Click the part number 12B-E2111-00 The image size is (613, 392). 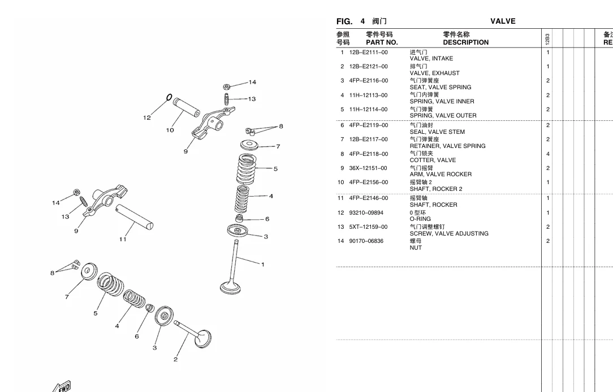click(368, 53)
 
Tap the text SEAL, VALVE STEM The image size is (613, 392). click(437, 132)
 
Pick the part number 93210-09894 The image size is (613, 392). click(366, 213)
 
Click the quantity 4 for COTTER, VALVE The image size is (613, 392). click(548, 154)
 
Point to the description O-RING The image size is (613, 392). click(420, 219)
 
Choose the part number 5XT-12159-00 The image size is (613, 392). click(368, 227)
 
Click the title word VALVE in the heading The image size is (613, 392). click(503, 21)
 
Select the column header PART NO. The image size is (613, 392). click(382, 42)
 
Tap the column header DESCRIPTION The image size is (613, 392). click(465, 42)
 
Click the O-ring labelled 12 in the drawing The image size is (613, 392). click(169, 98)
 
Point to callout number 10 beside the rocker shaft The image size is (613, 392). click(170, 130)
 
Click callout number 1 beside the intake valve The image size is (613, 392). click(262, 264)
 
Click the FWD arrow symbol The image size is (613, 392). click(62, 386)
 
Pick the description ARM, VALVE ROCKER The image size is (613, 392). click(441, 174)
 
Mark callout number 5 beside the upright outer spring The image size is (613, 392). click(275, 168)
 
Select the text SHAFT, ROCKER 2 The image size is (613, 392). click(435, 189)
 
